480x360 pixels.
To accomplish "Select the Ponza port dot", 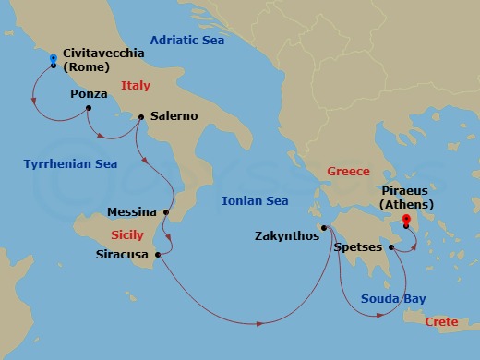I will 89,109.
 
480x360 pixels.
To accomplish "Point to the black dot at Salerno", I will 140,116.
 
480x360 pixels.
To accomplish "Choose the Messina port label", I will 132,211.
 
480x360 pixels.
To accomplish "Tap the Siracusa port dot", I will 160,253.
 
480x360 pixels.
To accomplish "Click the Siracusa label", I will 123,253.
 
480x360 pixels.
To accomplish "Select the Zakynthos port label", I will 286,235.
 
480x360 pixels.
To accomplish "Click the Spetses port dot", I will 391,247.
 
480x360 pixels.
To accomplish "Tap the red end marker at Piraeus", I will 406,222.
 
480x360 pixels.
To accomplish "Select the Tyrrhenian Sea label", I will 70,163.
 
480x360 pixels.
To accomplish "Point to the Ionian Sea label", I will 256,200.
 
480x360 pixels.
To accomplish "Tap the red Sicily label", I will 127,234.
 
